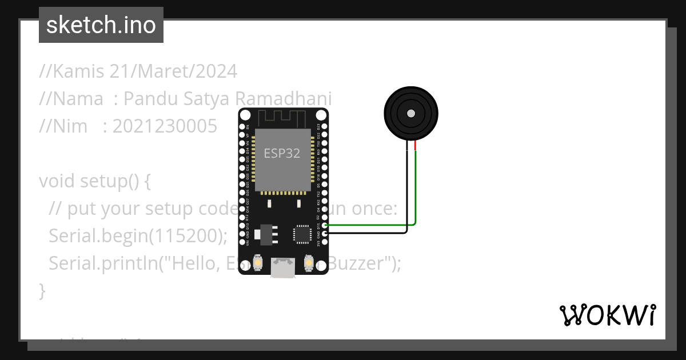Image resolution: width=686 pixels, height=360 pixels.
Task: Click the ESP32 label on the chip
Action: [x=281, y=154]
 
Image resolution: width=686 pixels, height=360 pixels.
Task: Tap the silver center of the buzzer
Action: [x=410, y=114]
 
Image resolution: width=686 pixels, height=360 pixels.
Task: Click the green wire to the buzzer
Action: [x=416, y=194]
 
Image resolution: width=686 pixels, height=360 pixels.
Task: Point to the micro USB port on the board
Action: [x=283, y=268]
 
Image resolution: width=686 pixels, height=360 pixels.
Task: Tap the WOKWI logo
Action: [x=607, y=315]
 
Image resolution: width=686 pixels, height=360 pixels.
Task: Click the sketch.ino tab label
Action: [x=101, y=25]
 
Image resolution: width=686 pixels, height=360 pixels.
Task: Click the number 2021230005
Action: [x=165, y=126]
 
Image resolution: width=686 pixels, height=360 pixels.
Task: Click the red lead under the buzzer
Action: [x=416, y=147]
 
